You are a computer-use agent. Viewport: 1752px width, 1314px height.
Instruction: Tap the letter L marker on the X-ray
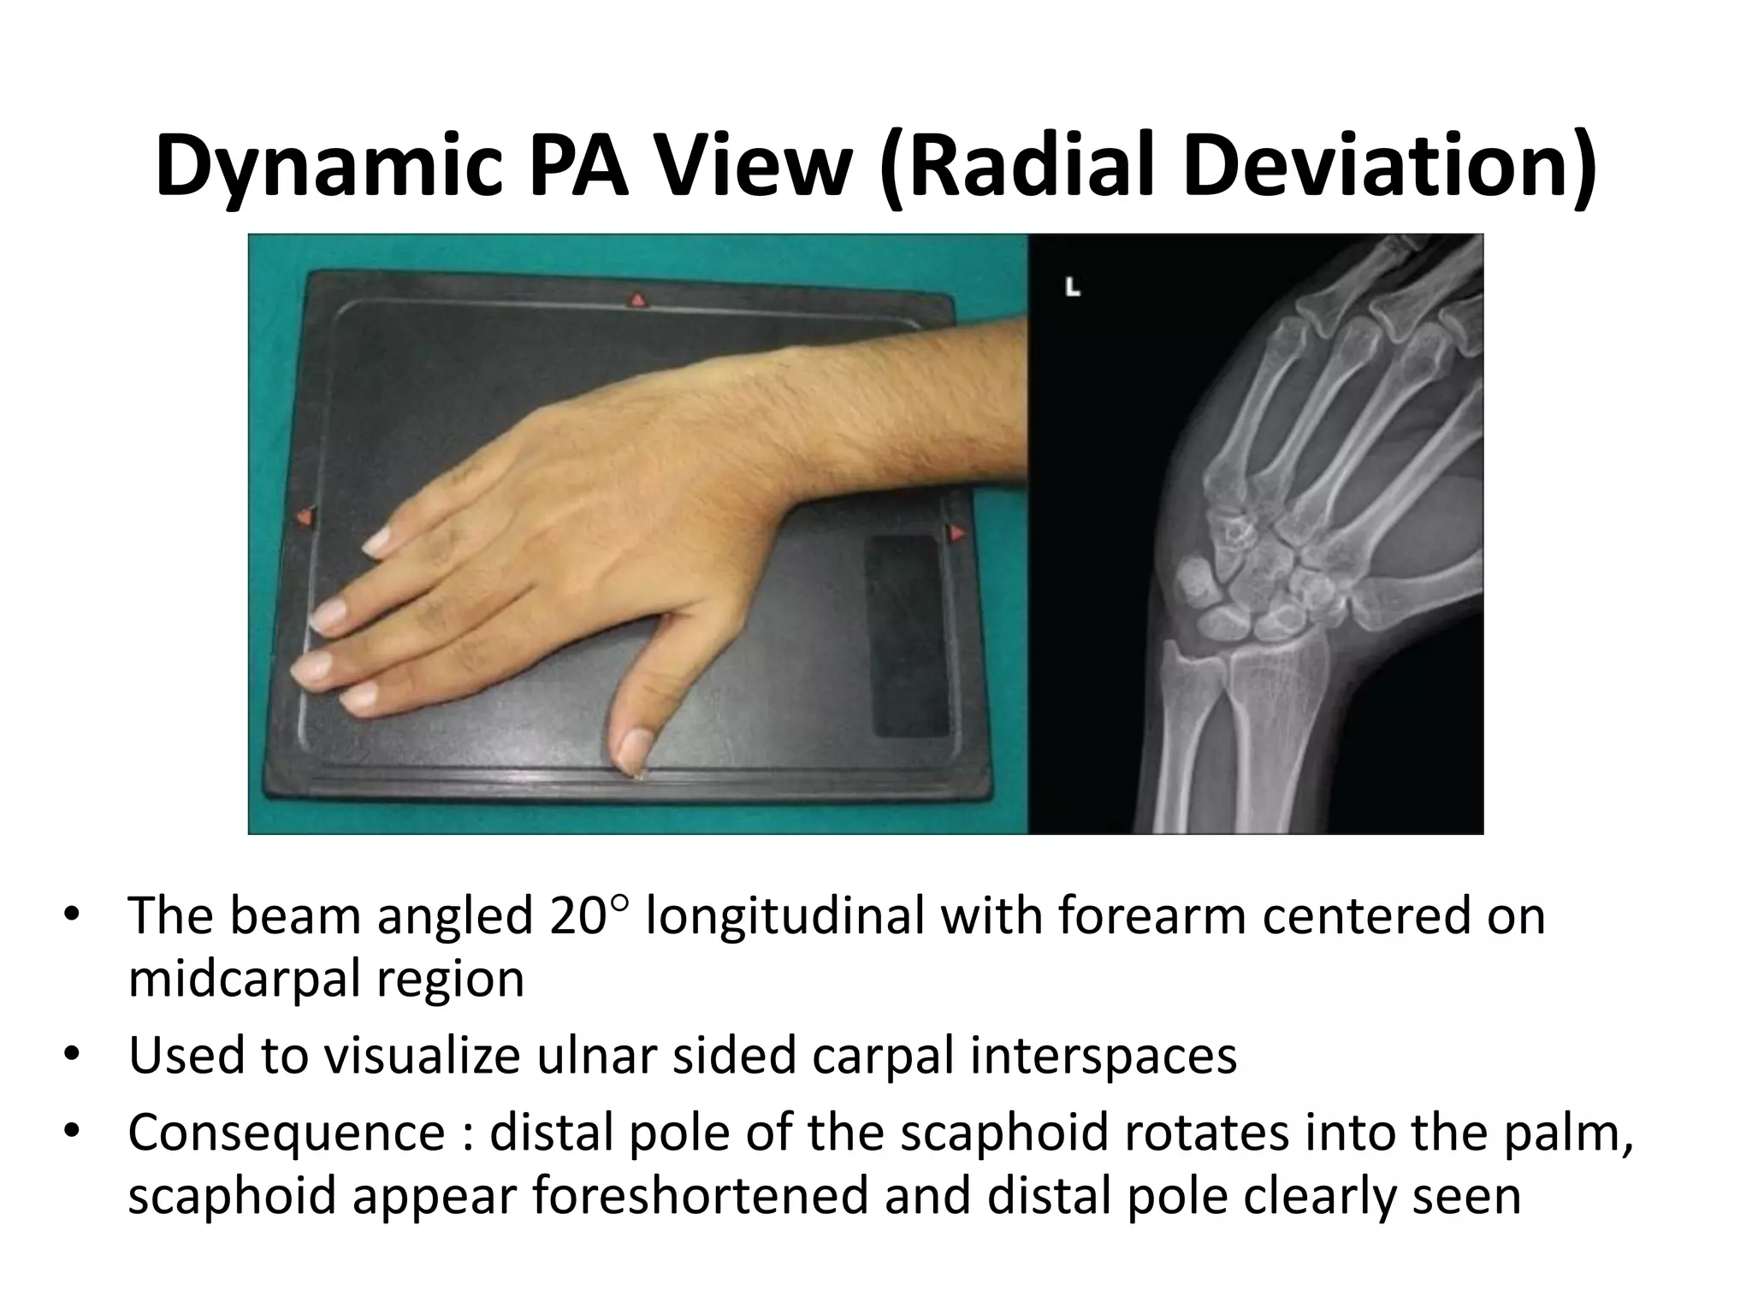pyautogui.click(x=1073, y=288)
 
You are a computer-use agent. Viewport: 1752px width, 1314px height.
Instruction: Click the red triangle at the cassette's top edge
pyautogui.click(x=637, y=300)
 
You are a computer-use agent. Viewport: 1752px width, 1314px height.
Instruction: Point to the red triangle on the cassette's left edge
pyautogui.click(x=304, y=518)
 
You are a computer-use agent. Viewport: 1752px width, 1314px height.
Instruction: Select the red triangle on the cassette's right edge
pyautogui.click(x=957, y=533)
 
